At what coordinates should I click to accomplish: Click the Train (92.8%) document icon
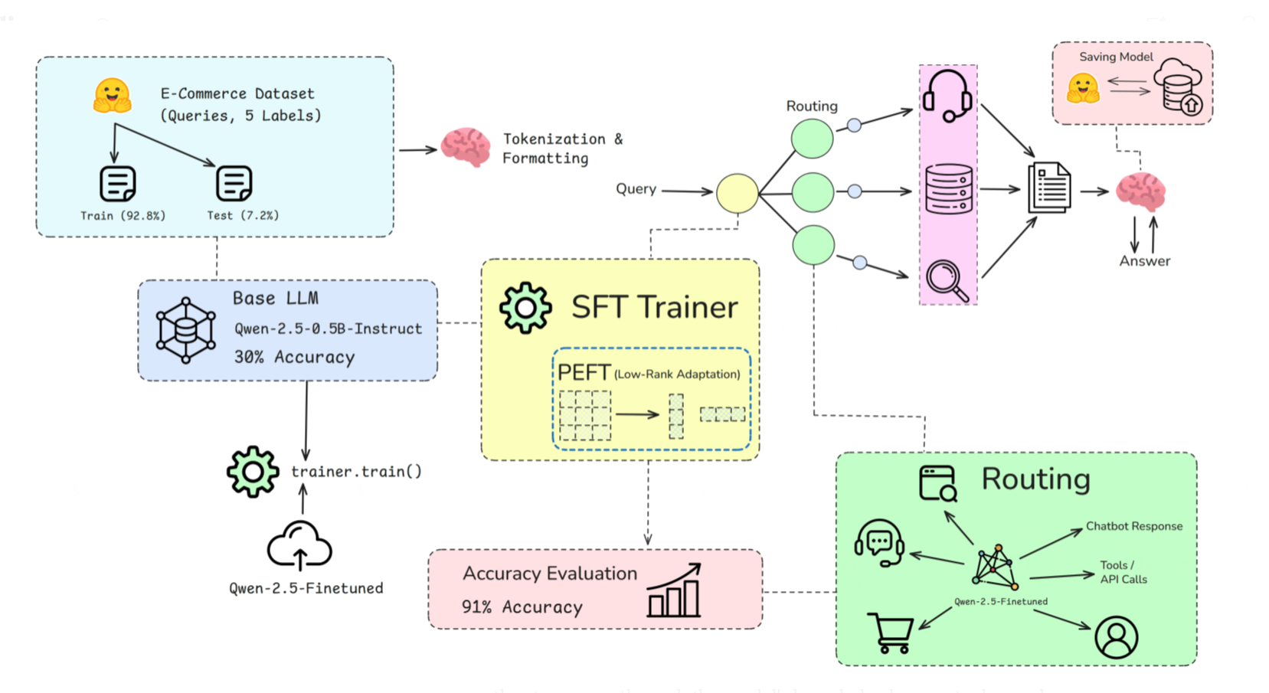coord(118,184)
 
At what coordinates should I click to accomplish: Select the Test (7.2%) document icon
coord(234,184)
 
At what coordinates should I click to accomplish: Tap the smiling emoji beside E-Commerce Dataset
coord(113,96)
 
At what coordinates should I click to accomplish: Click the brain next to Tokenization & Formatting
coord(466,147)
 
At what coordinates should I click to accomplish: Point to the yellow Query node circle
coord(737,193)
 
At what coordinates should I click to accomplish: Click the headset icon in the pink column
coord(947,96)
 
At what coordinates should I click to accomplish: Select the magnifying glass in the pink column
coord(947,281)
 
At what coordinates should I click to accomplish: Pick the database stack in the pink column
coord(949,189)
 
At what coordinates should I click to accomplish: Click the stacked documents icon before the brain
coord(1049,188)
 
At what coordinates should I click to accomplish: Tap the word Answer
coord(1144,261)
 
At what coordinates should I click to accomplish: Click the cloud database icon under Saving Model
coord(1178,87)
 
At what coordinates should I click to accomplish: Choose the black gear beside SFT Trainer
coord(525,308)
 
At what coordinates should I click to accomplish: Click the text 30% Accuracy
coord(294,358)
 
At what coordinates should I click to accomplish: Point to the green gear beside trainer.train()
coord(253,472)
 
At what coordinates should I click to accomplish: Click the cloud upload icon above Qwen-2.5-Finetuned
coord(299,546)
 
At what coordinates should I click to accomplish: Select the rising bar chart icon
coord(674,590)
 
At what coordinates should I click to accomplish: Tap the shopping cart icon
coord(891,633)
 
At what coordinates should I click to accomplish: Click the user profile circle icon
coord(1116,637)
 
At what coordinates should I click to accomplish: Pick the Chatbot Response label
coord(1133,526)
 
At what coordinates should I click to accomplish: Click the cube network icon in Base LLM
coord(185,330)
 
